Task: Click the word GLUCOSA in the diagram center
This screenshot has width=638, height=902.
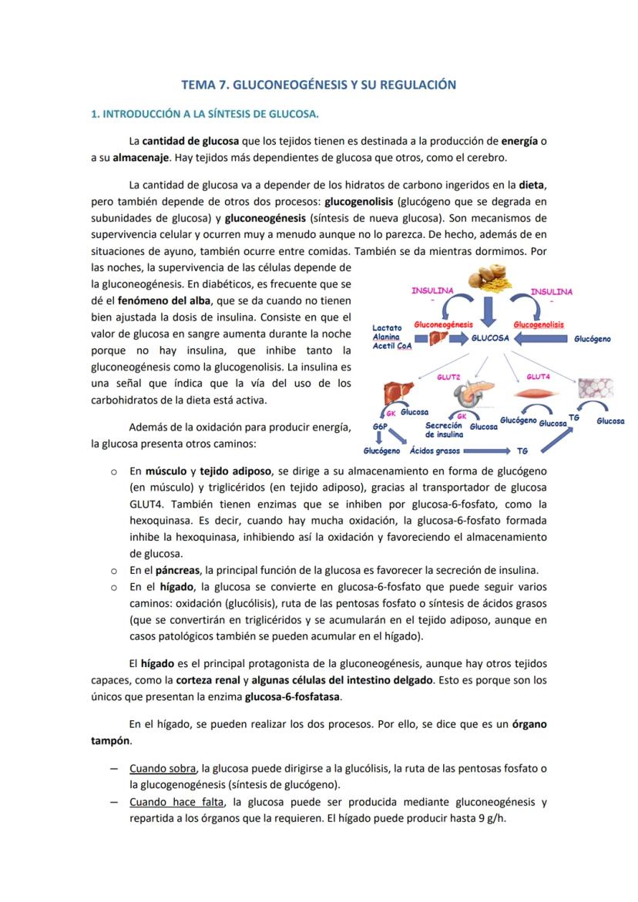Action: click(490, 338)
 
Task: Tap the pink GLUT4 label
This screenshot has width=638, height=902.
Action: click(538, 377)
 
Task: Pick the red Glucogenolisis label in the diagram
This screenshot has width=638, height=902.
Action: click(538, 325)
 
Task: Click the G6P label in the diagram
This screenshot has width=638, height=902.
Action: click(379, 426)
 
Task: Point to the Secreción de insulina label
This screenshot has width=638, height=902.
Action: click(444, 430)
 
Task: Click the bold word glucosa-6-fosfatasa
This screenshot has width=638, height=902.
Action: click(292, 696)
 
